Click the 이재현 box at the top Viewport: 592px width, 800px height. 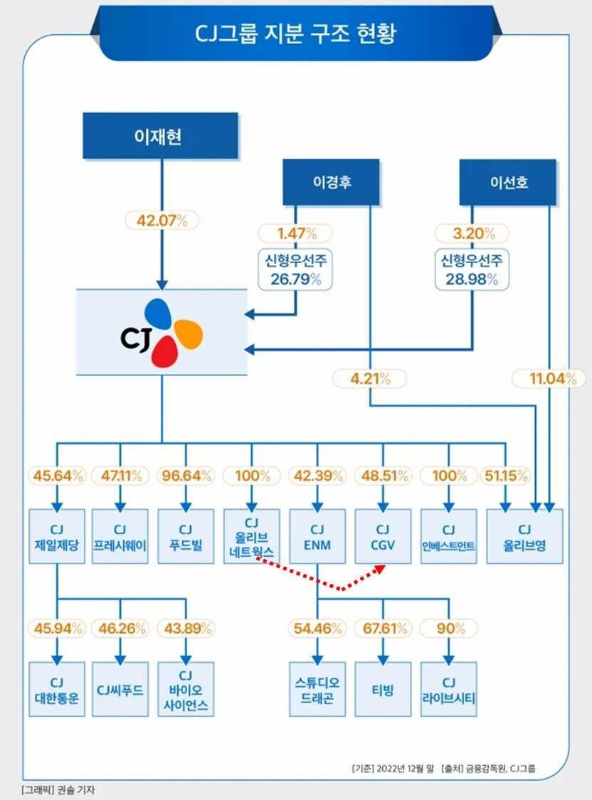(x=160, y=135)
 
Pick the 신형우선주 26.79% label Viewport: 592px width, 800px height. (x=295, y=270)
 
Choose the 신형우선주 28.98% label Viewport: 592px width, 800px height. (x=472, y=270)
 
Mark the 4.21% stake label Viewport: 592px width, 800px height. (x=369, y=378)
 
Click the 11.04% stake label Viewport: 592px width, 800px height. (x=549, y=378)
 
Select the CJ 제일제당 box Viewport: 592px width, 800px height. (x=57, y=536)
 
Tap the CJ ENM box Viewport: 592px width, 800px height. (x=317, y=536)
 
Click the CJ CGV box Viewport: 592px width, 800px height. (x=383, y=536)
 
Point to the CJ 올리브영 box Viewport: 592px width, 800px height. (x=524, y=536)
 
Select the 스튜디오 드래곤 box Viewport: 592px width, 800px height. (x=317, y=688)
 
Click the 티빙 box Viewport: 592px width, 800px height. (x=383, y=688)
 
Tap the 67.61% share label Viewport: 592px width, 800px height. (x=383, y=628)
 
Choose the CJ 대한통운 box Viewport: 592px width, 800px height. (x=57, y=688)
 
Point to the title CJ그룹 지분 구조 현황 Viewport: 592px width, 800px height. (x=296, y=34)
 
